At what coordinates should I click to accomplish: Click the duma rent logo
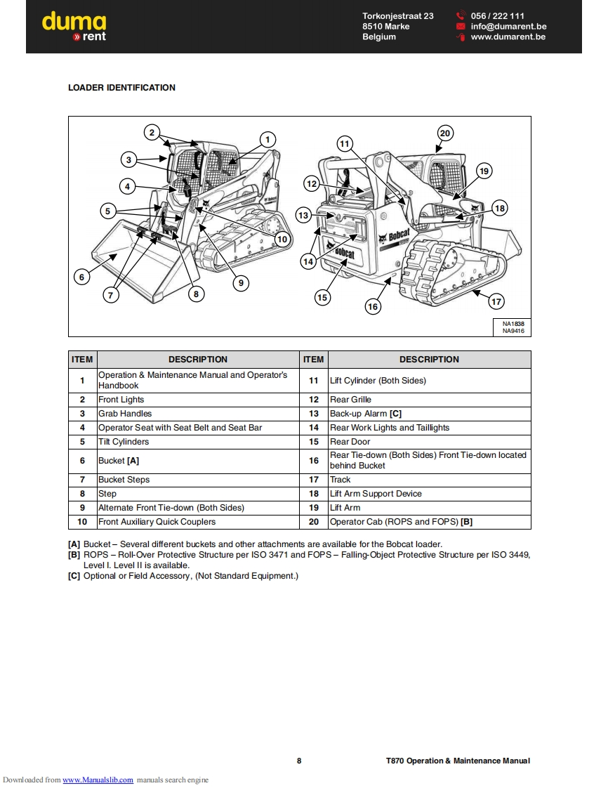74,27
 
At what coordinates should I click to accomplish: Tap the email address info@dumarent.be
508,27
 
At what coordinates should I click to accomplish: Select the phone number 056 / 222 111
497,16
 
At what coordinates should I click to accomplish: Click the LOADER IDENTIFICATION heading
121,88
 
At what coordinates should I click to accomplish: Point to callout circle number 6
82,277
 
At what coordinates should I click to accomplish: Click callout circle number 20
444,133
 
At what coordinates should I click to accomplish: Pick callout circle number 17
496,301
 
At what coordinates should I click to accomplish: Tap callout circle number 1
267,140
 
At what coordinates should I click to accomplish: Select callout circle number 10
282,239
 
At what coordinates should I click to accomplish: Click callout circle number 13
303,215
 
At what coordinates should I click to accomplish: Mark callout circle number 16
373,306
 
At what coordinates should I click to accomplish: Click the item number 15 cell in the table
314,442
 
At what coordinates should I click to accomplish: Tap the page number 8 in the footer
299,761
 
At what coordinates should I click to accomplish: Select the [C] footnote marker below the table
74,576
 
